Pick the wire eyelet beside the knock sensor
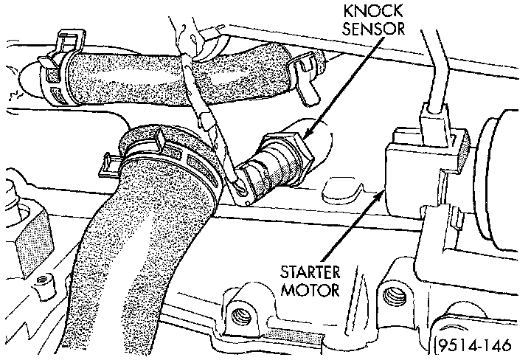[x=242, y=189]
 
